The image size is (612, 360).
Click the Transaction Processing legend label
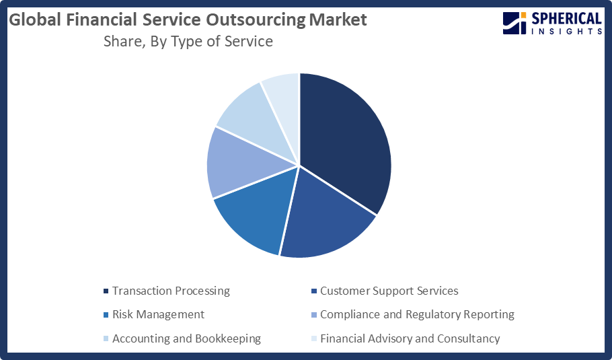point(171,291)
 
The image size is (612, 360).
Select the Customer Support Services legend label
point(389,291)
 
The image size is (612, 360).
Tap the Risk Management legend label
point(158,314)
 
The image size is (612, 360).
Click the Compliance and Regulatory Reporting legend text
point(417,314)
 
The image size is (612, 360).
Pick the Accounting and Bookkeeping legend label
point(186,338)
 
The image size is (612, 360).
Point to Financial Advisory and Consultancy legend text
point(410,338)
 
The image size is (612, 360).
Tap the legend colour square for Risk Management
point(106,315)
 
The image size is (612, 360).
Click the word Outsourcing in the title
point(254,20)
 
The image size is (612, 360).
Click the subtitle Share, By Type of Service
point(188,42)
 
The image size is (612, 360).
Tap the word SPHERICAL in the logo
point(566,19)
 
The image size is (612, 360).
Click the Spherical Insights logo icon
point(514,23)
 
